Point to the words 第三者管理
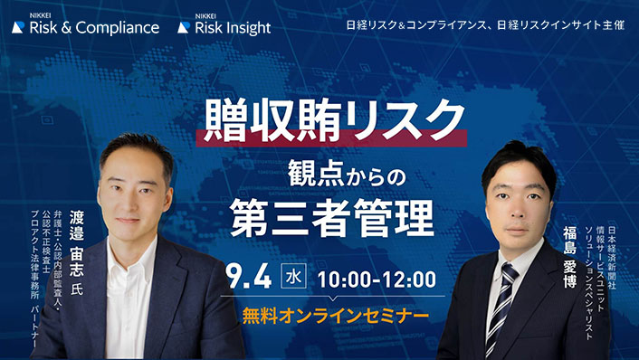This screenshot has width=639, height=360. [x=331, y=215]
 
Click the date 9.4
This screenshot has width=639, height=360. [x=256, y=277]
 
